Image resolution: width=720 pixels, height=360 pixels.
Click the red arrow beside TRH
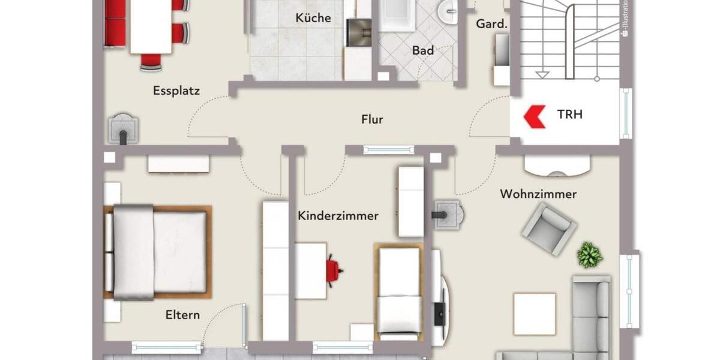pyautogui.click(x=534, y=116)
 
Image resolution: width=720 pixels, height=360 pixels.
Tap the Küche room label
pyautogui.click(x=313, y=18)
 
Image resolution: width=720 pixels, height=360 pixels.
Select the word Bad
pyautogui.click(x=422, y=50)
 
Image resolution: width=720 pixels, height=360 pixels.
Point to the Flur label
pyautogui.click(x=372, y=119)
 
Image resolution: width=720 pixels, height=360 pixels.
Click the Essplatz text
pyautogui.click(x=176, y=91)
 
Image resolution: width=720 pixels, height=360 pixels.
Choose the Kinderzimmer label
pyautogui.click(x=338, y=215)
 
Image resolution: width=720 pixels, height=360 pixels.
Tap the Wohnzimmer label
pyautogui.click(x=538, y=194)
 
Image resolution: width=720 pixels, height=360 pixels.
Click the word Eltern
pyautogui.click(x=183, y=315)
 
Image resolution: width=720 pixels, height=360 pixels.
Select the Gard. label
pyautogui.click(x=491, y=24)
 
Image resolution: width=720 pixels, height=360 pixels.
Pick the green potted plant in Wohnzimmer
pyautogui.click(x=590, y=255)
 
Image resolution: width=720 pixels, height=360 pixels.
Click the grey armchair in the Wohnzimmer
pyautogui.click(x=548, y=228)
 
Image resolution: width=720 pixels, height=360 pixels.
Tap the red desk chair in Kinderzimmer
pyautogui.click(x=333, y=270)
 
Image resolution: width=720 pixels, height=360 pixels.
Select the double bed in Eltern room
pyautogui.click(x=158, y=252)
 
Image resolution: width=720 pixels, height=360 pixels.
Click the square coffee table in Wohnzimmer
pyautogui.click(x=534, y=314)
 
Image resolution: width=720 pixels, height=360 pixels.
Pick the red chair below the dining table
pyautogui.click(x=151, y=61)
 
